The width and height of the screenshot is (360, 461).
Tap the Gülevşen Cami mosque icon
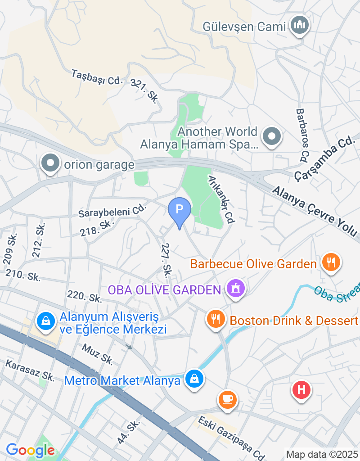[299, 25]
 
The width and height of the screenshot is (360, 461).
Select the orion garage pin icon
[50, 164]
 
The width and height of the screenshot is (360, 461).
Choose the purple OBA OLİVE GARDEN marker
[235, 289]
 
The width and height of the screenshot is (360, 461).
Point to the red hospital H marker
[301, 390]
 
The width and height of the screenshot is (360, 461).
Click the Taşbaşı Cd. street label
[97, 77]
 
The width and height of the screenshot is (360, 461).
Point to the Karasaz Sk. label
[30, 371]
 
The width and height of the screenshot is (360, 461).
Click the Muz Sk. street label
[97, 353]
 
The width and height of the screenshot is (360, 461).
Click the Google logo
[30, 450]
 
